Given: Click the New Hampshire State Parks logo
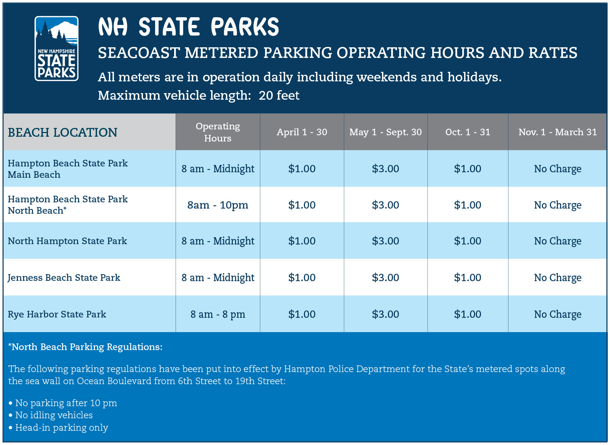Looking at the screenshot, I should pos(56,48).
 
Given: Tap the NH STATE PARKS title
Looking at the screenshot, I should pos(188,27).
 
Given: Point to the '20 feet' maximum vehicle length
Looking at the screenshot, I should pos(279,96).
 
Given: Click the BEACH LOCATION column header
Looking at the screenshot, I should pos(63,132).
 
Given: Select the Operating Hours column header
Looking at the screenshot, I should pos(218,132).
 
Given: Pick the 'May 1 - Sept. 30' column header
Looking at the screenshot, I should pos(385,132).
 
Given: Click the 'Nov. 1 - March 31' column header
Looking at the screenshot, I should pos(557,132).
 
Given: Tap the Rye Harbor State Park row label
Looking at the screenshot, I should pos(57,314).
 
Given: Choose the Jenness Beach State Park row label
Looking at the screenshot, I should pos(64,277).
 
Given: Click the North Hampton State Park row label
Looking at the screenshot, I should pos(67,241).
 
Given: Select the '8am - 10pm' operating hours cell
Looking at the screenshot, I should pos(218,205).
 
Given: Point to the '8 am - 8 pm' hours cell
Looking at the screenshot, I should pos(218,314).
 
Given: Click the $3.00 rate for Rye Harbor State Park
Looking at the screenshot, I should pos(385,314).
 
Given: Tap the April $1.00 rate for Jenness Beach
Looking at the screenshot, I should pos(302,277).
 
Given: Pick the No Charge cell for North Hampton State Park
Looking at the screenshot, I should pos(557,241).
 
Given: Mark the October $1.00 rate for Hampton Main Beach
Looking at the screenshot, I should pos(467,169).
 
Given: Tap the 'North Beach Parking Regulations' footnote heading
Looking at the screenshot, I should pos(85,347).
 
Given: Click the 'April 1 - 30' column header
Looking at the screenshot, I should pos(302,132).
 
